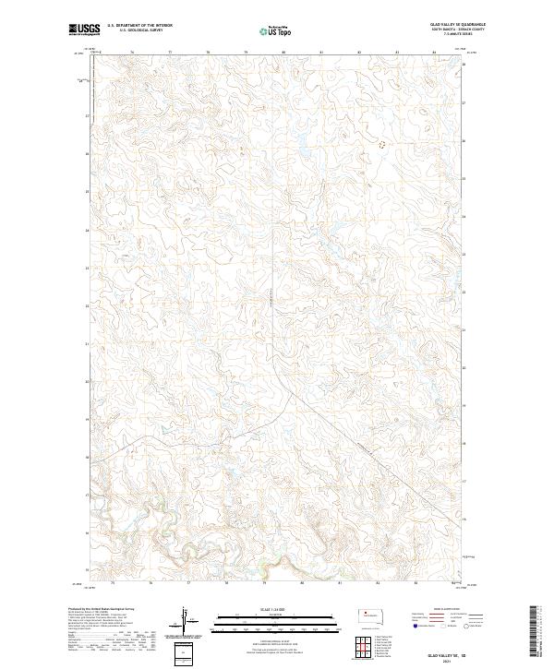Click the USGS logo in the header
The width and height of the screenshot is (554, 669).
[x=84, y=30]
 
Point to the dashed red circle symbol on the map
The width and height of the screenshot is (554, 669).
[x=382, y=144]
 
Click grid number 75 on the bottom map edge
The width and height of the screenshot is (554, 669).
[x=112, y=583]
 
